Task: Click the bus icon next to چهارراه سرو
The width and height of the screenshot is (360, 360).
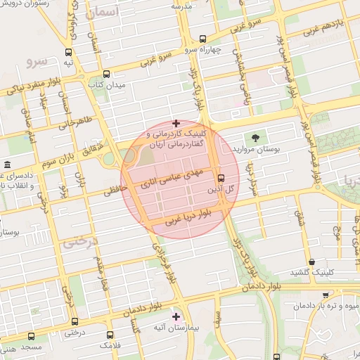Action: (202, 39)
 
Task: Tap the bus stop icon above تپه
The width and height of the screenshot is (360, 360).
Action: (68, 52)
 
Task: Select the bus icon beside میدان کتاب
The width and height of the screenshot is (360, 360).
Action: (106, 74)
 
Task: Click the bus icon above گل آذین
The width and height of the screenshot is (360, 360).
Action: (221, 178)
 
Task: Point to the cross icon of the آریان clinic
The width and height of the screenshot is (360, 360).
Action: (176, 123)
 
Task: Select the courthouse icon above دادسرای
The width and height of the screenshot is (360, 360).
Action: (7, 165)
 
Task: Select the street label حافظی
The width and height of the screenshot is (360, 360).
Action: (117, 190)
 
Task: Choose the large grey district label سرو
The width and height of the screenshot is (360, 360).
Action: (37, 60)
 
